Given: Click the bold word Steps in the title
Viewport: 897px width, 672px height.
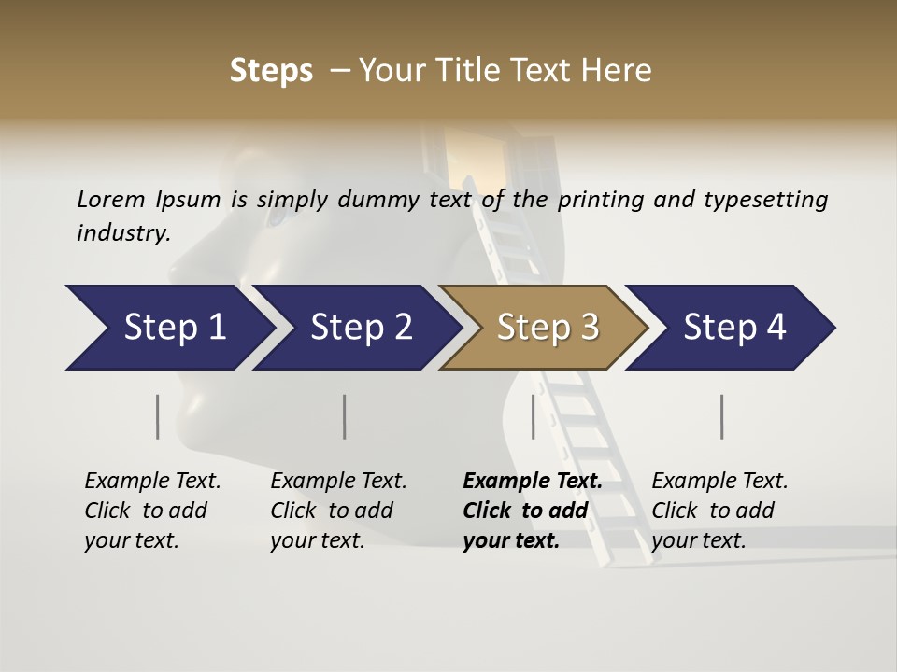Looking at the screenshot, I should point(271,71).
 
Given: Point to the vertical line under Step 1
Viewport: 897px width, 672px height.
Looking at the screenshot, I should point(158,416).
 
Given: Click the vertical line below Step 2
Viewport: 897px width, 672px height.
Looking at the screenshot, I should point(345,416).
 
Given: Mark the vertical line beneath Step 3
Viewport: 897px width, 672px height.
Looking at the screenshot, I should point(534,416).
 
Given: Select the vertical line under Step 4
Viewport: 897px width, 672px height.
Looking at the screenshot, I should point(722,416).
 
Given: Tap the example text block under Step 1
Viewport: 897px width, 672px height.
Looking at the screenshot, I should point(152,511).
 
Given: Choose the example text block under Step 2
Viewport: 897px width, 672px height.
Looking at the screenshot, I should point(338,511).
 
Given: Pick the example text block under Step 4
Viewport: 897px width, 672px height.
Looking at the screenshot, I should point(719,511).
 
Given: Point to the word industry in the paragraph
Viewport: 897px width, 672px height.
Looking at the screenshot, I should point(123,233).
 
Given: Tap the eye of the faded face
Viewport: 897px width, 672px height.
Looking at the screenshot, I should point(278,217).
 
